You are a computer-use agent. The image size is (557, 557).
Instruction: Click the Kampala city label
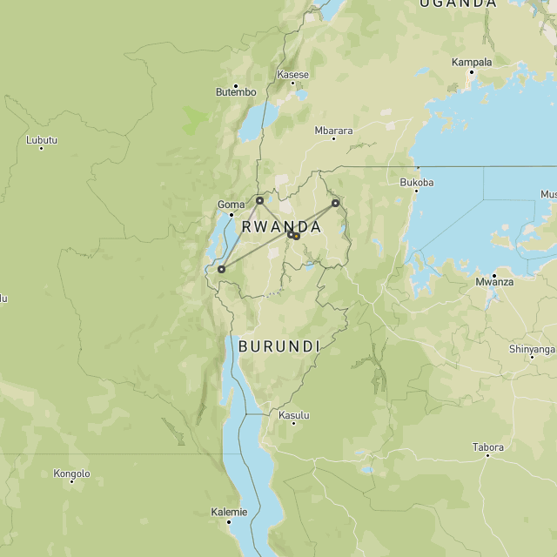point(472,63)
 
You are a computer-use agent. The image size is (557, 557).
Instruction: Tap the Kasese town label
point(293,75)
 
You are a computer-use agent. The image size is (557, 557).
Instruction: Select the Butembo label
point(236,92)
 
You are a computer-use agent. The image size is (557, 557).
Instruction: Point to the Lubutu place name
point(42,140)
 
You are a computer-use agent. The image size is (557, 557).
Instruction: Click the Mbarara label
point(334,131)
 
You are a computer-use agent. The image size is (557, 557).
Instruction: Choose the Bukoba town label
point(416,183)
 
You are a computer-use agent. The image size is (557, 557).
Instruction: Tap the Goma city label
point(231,205)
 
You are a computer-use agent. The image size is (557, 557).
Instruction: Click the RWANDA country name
point(281,226)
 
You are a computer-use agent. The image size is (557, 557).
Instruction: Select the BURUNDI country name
point(279,346)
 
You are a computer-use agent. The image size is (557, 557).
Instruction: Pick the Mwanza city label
point(494,283)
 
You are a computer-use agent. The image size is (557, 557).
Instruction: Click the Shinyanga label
point(531,349)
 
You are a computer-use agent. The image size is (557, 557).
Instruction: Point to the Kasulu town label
point(294,415)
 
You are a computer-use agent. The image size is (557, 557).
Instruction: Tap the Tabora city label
point(487,447)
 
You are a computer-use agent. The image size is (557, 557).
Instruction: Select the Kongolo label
point(71,474)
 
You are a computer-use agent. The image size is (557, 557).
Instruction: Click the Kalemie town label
point(229,513)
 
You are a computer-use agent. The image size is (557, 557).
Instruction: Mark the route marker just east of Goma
point(259,200)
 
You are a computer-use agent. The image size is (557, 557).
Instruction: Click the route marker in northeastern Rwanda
point(335,203)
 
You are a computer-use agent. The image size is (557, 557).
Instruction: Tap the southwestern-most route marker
point(221,269)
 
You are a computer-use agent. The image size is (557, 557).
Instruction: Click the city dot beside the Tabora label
point(487,455)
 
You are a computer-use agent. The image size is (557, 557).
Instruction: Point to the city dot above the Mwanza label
point(494,275)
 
